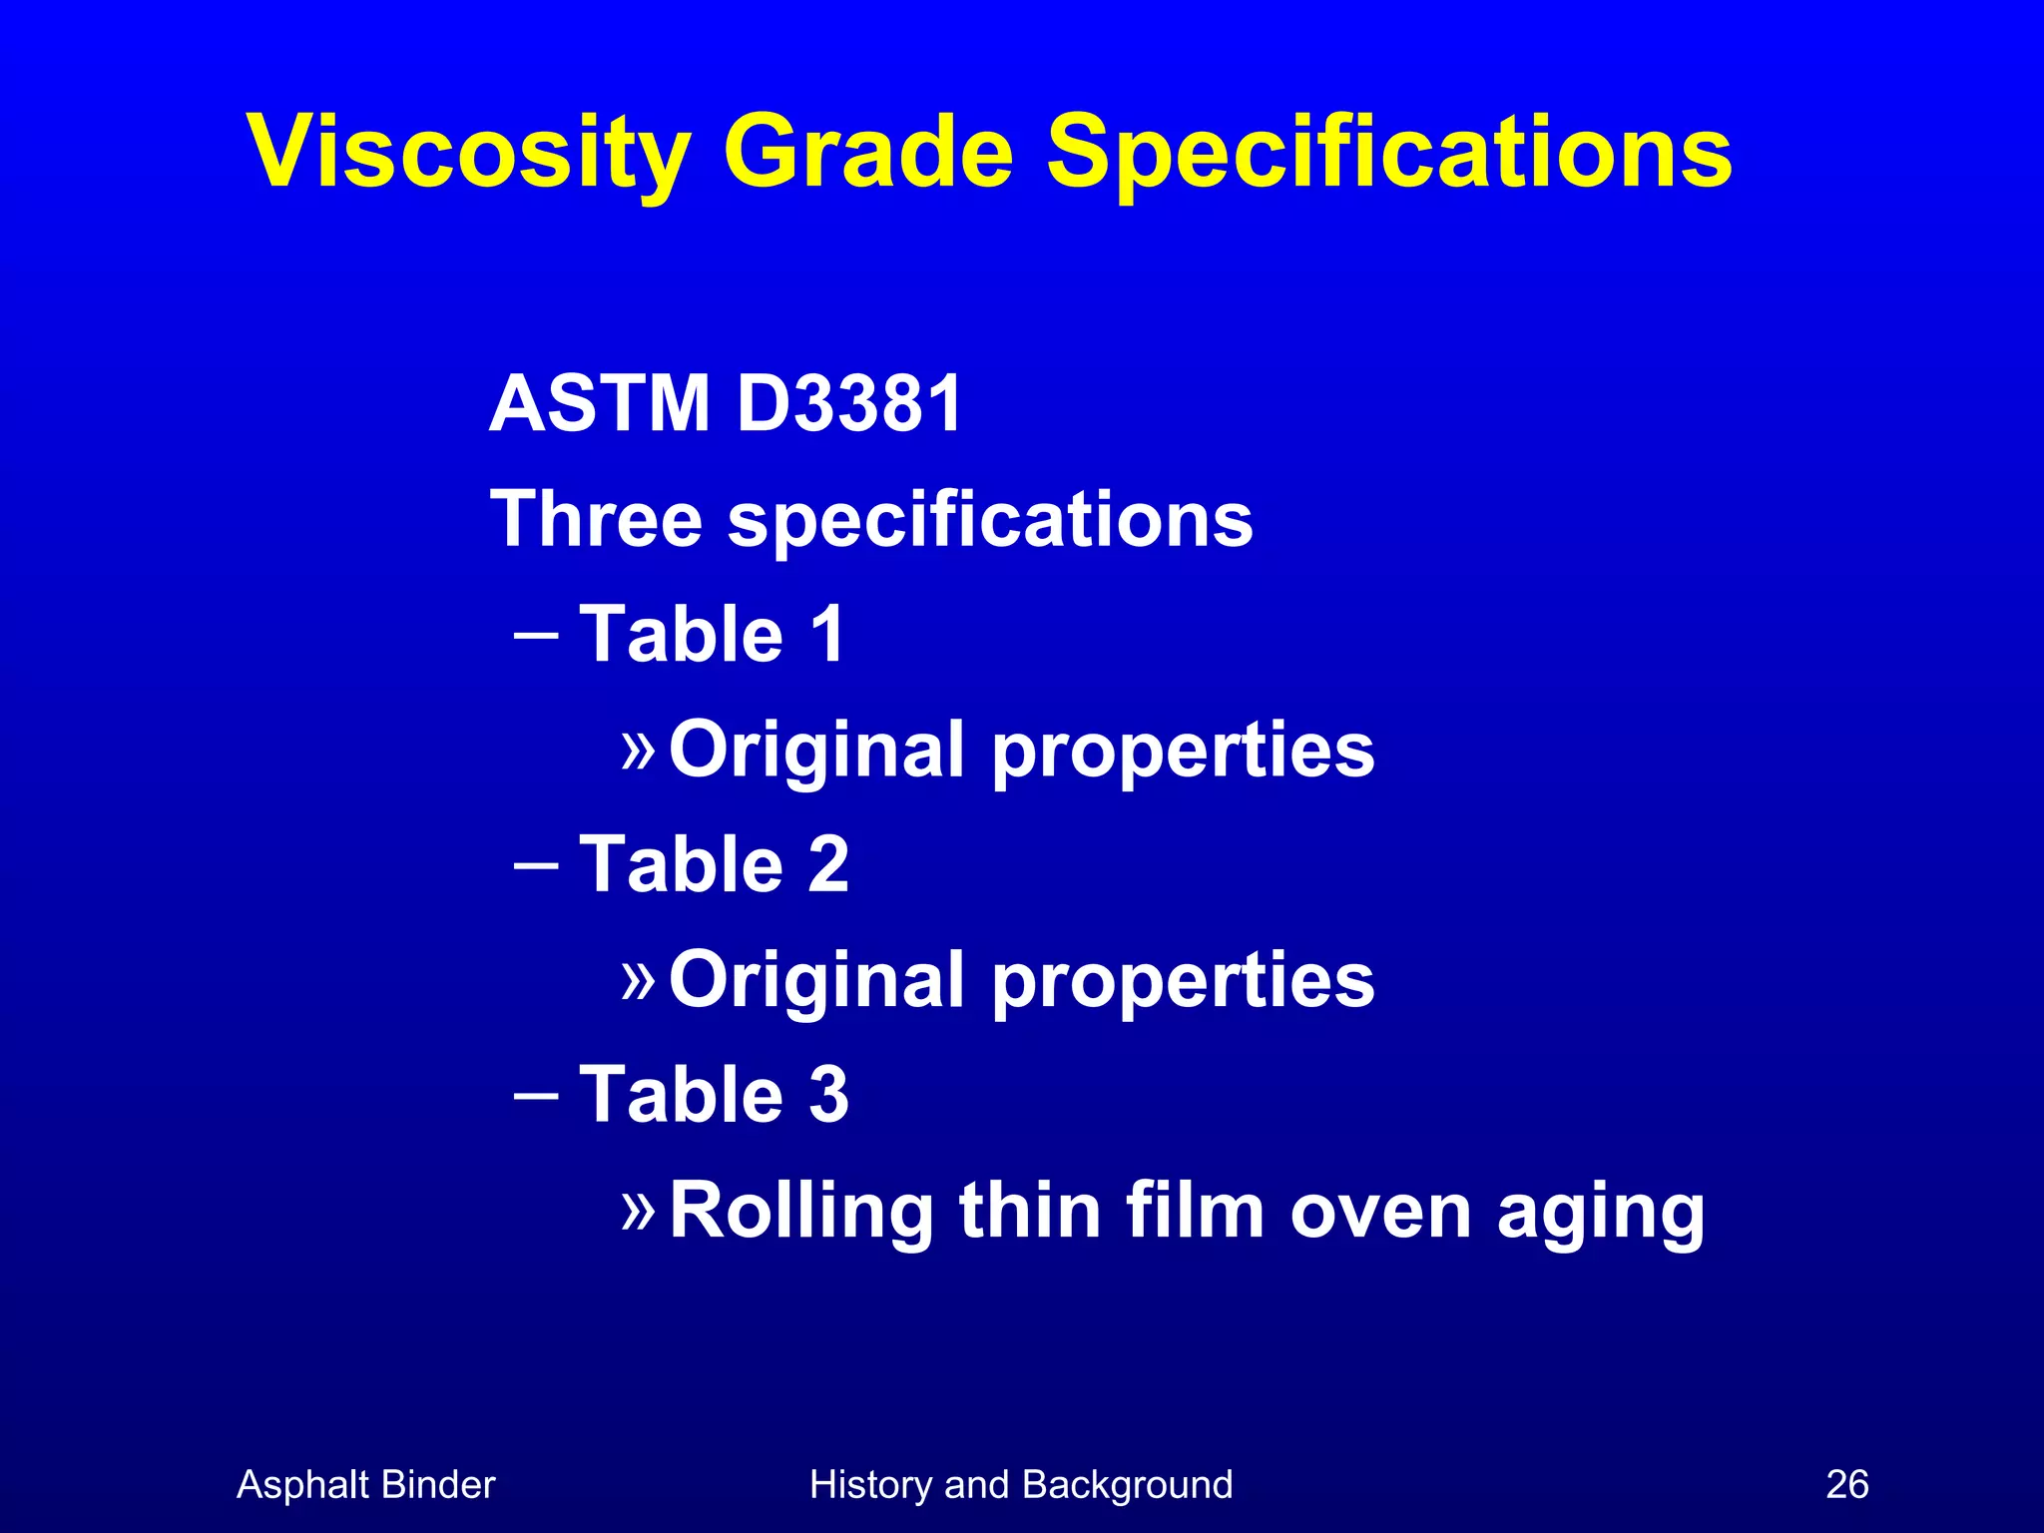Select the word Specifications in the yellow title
(1388, 153)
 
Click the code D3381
(849, 404)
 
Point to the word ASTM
(600, 404)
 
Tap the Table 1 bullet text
(713, 634)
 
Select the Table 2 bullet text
(713, 864)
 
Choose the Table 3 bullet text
(713, 1095)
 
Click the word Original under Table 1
(817, 751)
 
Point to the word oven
(1380, 1211)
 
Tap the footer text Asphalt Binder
(365, 1485)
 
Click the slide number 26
(1846, 1485)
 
